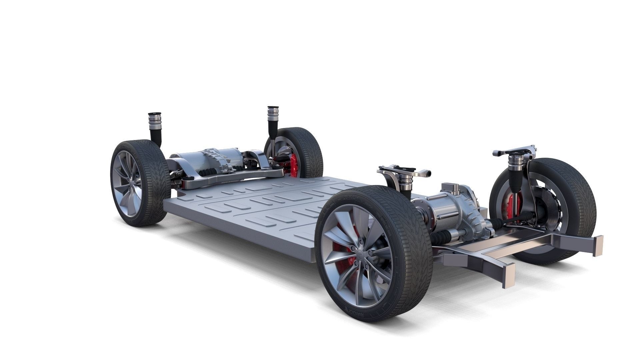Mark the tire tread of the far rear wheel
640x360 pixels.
coord(312,150)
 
